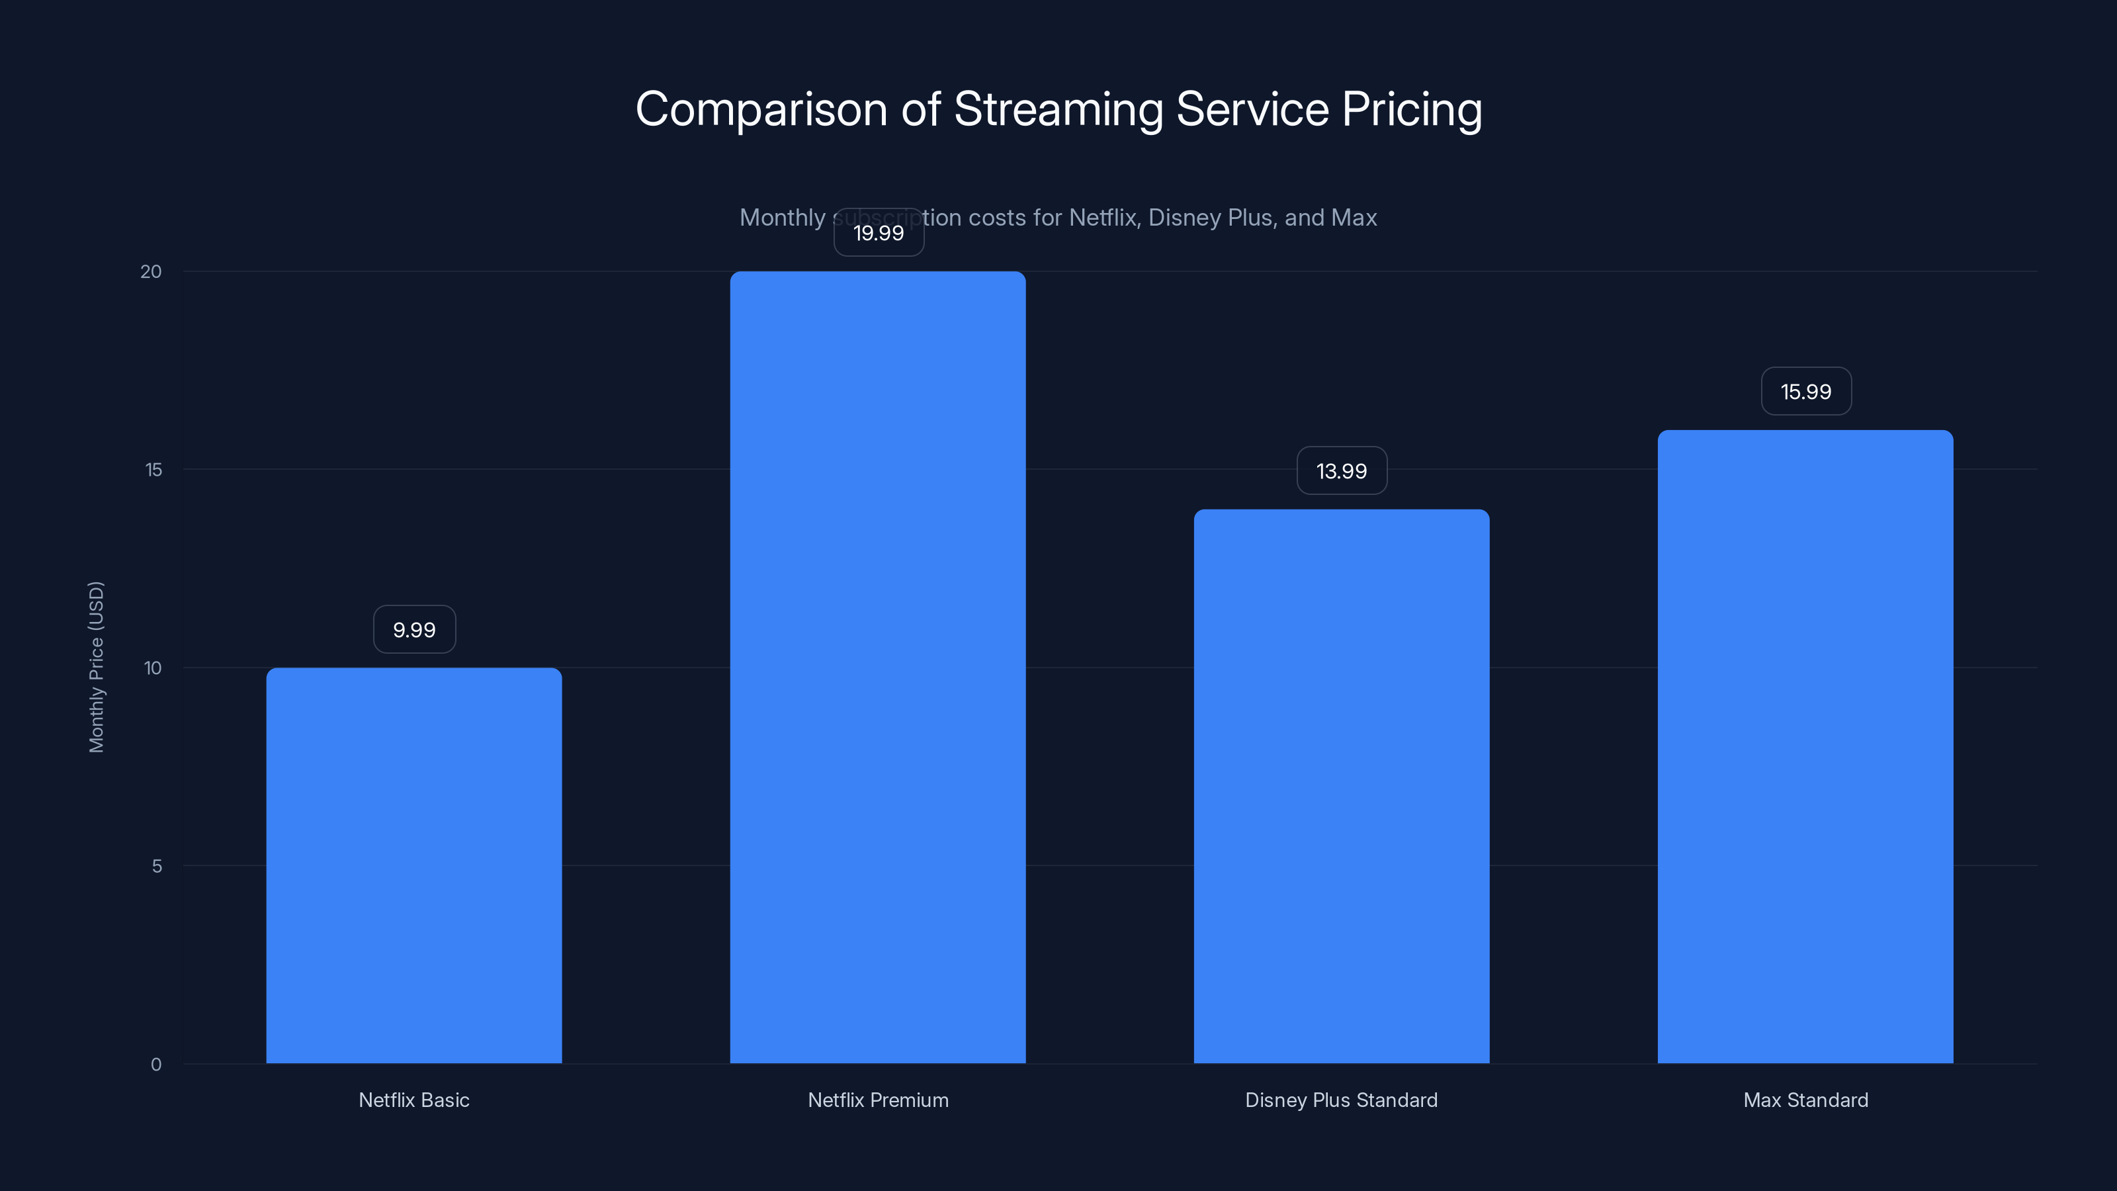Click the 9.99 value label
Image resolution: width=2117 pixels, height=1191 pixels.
[414, 630]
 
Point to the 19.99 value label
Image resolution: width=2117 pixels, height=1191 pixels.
[879, 233]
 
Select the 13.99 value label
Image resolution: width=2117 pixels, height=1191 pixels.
[1341, 471]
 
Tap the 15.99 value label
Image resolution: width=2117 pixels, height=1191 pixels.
[1805, 391]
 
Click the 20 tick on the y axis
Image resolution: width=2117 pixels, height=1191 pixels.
[151, 271]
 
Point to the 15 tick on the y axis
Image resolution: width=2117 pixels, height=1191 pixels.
[153, 469]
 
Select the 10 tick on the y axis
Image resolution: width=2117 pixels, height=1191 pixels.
[153, 668]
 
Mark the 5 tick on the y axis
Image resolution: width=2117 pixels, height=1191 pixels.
[157, 865]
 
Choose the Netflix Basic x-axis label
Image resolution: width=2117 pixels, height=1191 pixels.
[413, 1100]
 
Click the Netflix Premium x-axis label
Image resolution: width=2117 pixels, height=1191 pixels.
[878, 1100]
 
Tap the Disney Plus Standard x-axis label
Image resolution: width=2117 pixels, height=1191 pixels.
[1341, 1100]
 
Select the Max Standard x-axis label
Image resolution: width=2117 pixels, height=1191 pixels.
[1805, 1100]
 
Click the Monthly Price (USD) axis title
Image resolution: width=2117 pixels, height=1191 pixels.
[96, 666]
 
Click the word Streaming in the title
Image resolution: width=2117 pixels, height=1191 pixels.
[1058, 110]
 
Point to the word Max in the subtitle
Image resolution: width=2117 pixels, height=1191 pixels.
[1354, 217]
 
